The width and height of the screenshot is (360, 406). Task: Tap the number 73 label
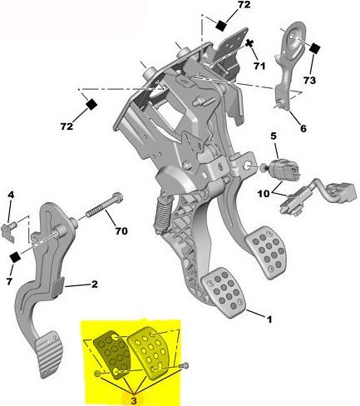click(x=309, y=80)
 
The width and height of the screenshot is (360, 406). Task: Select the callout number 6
click(x=303, y=129)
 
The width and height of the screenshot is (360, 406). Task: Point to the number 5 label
click(x=273, y=135)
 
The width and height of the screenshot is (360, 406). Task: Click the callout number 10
click(x=263, y=193)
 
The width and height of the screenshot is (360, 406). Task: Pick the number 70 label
click(x=121, y=230)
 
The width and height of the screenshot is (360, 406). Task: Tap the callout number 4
click(x=11, y=196)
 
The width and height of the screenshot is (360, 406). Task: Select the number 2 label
click(x=95, y=285)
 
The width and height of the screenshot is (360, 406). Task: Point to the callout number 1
click(x=269, y=317)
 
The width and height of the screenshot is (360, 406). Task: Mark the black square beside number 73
click(x=315, y=48)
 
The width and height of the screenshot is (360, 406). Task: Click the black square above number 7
click(x=14, y=256)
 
